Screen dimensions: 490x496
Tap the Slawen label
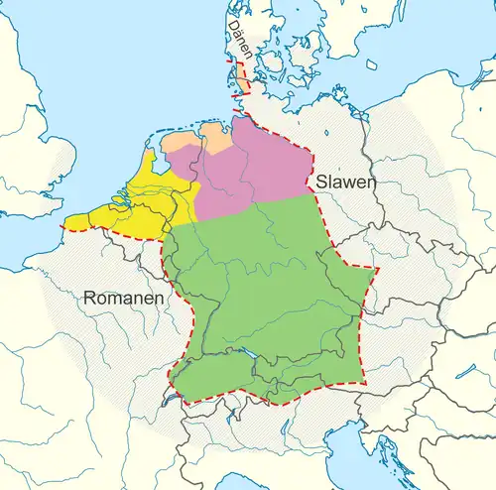point(341,183)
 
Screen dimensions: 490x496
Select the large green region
point(268,298)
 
